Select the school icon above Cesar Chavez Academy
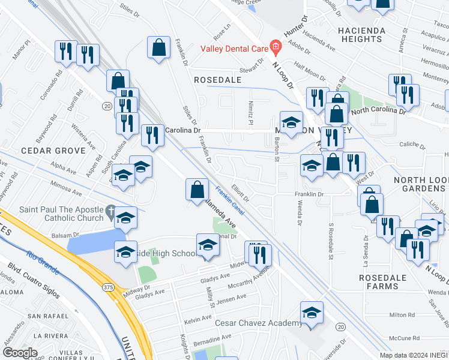[x=312, y=313]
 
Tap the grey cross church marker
[x=110, y=211]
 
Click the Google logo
[x=20, y=353]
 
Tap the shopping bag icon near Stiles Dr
[x=158, y=49]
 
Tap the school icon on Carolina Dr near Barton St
[x=291, y=123]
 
